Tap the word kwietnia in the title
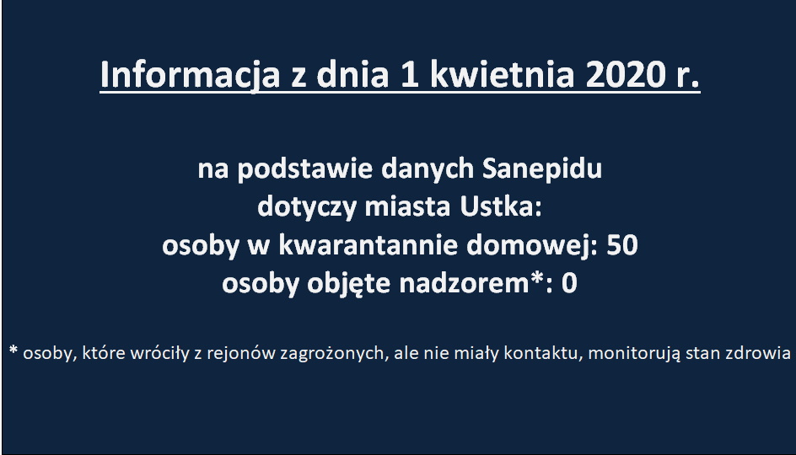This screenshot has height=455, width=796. click(502, 74)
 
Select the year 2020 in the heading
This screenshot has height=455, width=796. click(626, 74)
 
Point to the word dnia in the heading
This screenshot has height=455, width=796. click(352, 74)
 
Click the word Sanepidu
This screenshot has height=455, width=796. click(541, 169)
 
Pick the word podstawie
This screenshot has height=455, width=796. click(305, 169)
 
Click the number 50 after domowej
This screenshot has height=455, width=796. click(622, 245)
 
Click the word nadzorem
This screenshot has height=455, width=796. click(465, 283)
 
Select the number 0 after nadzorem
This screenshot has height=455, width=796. click(569, 283)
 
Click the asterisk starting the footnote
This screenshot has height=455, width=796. click(13, 351)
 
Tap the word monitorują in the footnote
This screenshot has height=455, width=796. click(634, 353)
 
